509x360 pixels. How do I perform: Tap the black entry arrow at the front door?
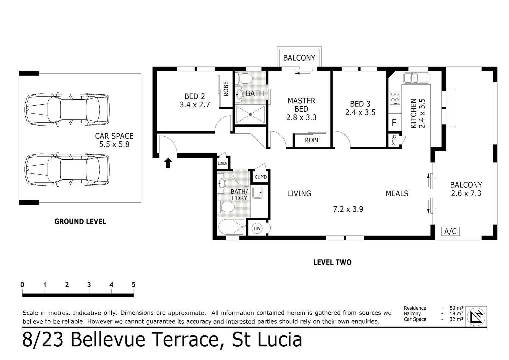tap(168, 163)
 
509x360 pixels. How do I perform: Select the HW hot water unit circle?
tap(257, 228)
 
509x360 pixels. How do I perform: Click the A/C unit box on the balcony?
tap(450, 231)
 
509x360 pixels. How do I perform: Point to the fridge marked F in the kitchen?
tap(394, 123)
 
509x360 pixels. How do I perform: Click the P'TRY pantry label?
tap(394, 140)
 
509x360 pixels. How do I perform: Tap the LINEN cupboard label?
tap(223, 163)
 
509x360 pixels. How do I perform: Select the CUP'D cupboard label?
tap(260, 177)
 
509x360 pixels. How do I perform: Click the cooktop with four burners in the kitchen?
tap(395, 97)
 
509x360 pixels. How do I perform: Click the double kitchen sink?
tap(416, 78)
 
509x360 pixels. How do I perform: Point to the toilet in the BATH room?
tap(245, 78)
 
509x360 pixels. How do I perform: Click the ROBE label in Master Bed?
tap(312, 140)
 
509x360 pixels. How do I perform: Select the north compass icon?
tap(476, 316)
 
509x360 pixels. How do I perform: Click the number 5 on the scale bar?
tap(134, 285)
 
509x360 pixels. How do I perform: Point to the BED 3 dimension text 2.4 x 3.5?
tap(360, 113)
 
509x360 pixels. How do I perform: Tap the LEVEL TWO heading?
tap(332, 263)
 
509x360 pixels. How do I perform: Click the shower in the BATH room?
tap(251, 114)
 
